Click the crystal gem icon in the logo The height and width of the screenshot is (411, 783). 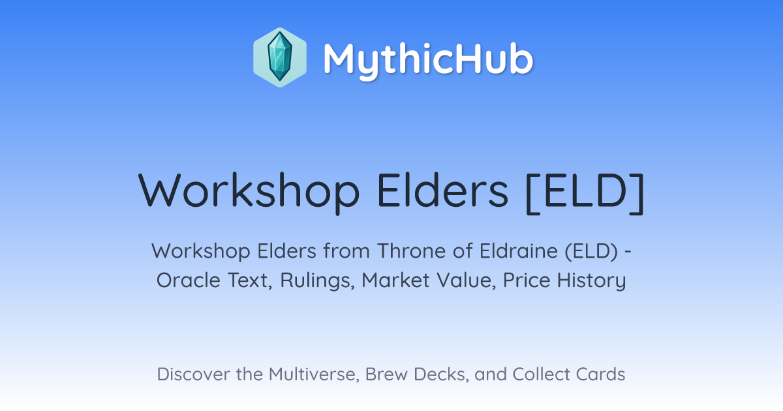280,57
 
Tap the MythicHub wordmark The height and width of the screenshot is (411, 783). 428,60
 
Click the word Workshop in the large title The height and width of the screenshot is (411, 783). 249,192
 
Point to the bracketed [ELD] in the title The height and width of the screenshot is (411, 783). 585,192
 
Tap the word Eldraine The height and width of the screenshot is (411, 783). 518,251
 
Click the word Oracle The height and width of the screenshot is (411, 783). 188,280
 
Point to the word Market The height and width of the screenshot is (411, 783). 395,280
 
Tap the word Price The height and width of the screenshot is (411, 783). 527,280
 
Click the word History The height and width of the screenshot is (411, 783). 591,281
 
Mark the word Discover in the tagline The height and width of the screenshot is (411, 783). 193,374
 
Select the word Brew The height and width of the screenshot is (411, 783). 386,374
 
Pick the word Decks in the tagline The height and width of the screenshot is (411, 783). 441,374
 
